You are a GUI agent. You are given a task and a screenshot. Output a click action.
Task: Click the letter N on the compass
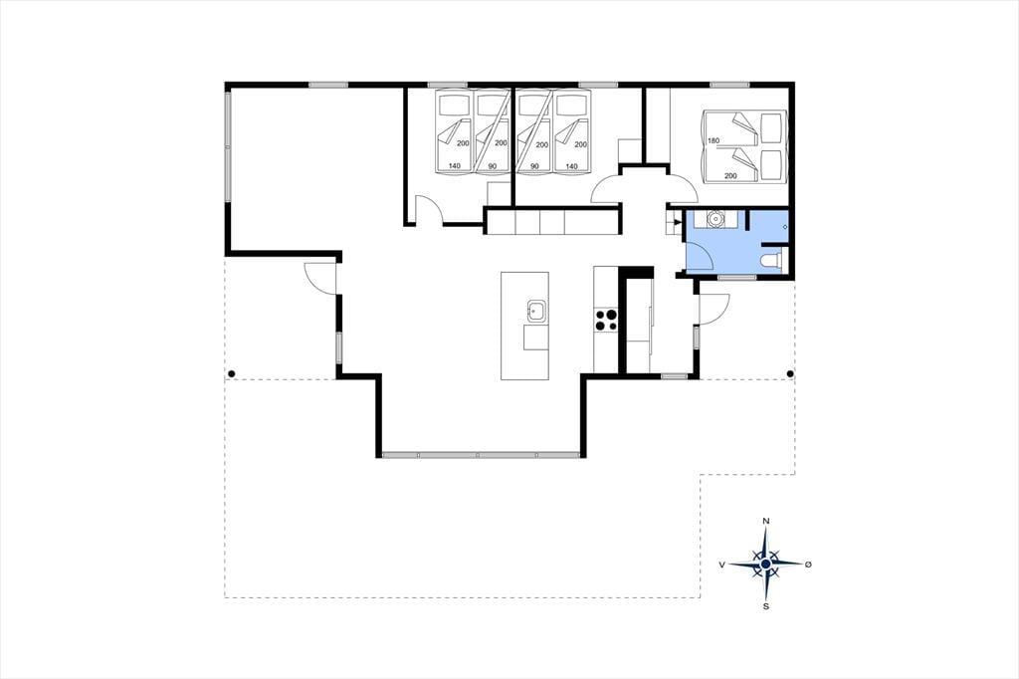(x=766, y=521)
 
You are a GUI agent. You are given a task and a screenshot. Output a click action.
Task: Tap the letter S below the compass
(x=766, y=606)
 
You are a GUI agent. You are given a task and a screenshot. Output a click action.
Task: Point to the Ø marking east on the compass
(x=808, y=565)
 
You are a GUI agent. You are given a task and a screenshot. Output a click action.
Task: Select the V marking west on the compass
(x=722, y=566)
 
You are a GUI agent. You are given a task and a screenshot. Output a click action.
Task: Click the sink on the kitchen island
(x=536, y=311)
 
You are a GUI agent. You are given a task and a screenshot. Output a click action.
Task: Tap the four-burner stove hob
(x=606, y=320)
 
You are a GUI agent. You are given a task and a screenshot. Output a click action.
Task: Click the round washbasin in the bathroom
(x=716, y=219)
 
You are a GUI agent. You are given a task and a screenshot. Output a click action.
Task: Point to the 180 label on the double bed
(x=713, y=141)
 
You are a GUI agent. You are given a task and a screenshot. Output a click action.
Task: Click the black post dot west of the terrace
(x=231, y=373)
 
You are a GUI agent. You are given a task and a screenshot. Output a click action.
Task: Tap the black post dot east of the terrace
(x=790, y=373)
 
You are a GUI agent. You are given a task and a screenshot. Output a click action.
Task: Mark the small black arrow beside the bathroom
(x=679, y=222)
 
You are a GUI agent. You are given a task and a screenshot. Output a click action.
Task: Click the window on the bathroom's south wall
(x=737, y=277)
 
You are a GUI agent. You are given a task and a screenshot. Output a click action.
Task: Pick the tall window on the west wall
(x=228, y=146)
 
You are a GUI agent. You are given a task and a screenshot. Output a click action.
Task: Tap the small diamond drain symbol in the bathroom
(x=785, y=226)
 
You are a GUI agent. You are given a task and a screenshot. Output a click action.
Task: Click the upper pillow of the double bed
(x=771, y=128)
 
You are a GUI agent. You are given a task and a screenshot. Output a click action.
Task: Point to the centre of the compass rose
(x=766, y=564)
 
